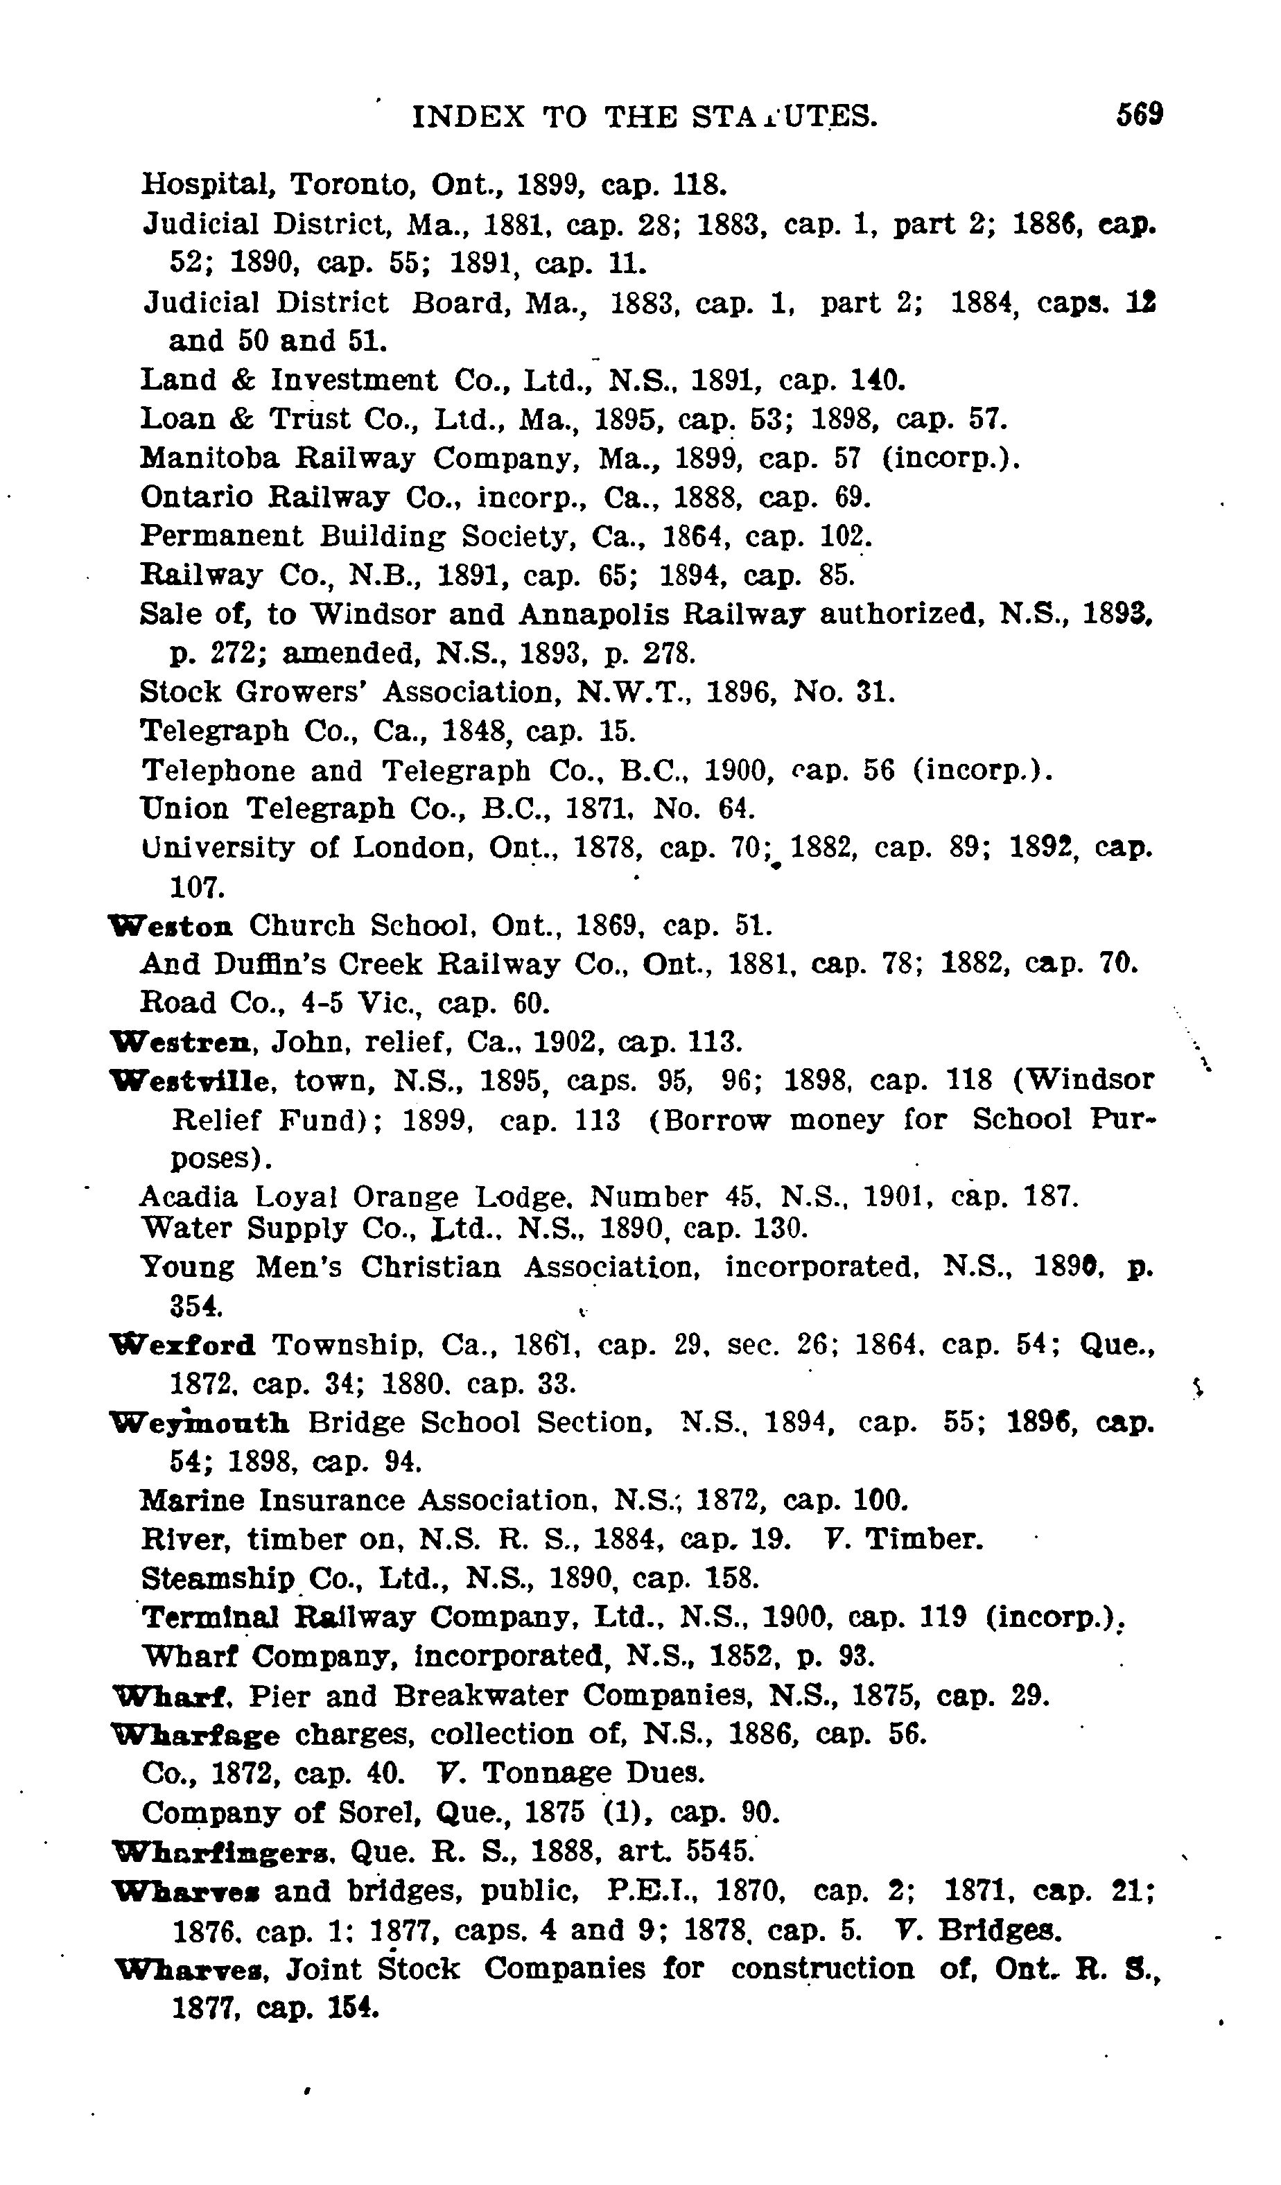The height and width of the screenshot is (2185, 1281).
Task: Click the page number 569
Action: [x=1139, y=114]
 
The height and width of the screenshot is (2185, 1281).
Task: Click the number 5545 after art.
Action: [x=718, y=1852]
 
